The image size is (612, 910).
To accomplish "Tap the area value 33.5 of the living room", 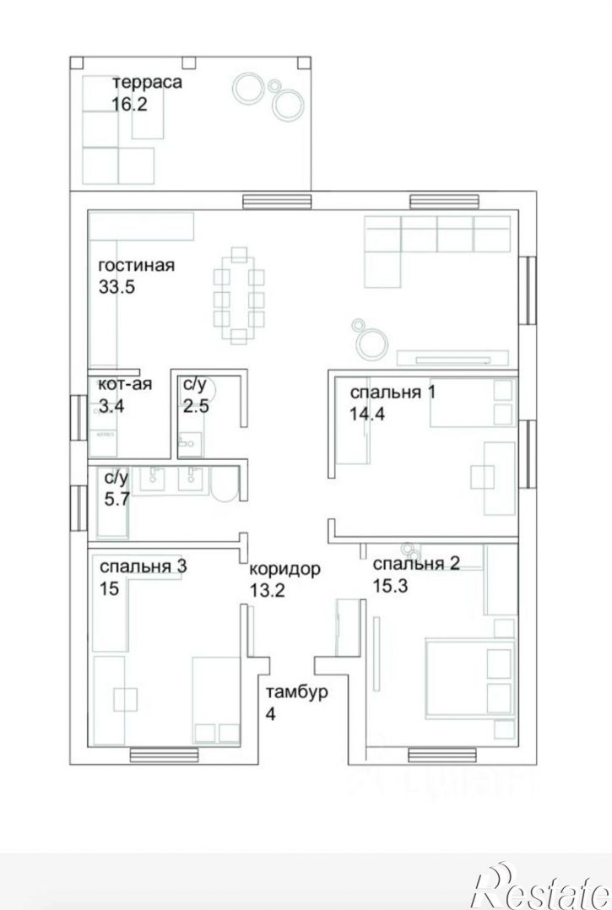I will click(x=117, y=286).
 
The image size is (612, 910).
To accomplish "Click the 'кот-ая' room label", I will click(x=125, y=384).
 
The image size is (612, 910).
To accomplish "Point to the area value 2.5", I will click(x=196, y=405).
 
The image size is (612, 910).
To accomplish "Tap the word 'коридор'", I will click(x=284, y=569).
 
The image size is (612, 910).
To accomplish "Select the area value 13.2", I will click(x=268, y=590).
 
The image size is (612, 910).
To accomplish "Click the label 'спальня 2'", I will click(x=416, y=564).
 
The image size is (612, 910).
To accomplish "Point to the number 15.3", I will click(x=390, y=585).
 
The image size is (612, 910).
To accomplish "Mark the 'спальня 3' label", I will click(x=143, y=566).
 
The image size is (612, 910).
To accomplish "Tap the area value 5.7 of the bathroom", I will click(x=116, y=499).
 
